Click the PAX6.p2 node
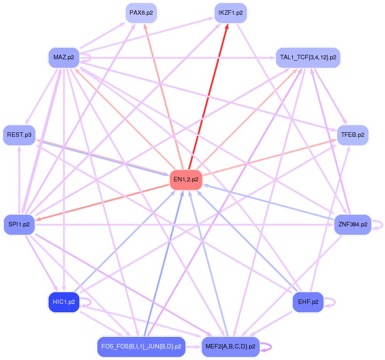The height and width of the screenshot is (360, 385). (141, 13)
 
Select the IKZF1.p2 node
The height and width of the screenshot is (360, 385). (231, 13)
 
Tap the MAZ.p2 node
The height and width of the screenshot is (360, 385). (64, 57)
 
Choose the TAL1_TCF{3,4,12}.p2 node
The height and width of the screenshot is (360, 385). (308, 57)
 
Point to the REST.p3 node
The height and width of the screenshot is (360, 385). (19, 135)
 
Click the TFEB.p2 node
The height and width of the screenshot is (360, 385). (353, 135)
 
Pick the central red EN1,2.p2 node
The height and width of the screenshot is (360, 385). (186, 180)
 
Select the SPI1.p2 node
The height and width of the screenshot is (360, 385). (19, 224)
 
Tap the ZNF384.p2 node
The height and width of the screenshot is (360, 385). (353, 224)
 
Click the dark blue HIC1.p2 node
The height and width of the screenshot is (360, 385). (64, 302)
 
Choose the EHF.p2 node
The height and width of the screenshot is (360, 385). (308, 302)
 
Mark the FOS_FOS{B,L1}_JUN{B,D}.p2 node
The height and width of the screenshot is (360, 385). (141, 346)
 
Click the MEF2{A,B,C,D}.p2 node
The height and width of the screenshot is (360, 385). (231, 346)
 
